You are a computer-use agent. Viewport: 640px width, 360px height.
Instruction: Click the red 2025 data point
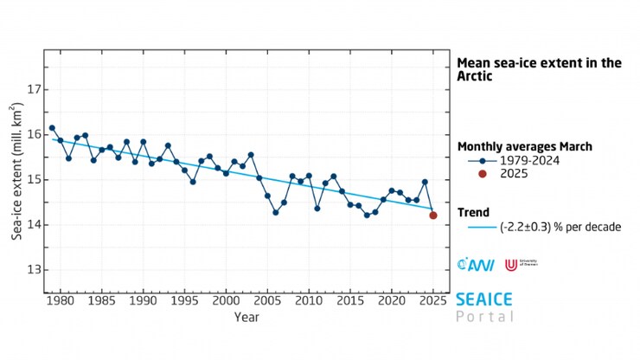pyautogui.click(x=433, y=215)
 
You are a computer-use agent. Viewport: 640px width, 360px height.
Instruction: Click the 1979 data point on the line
pyautogui.click(x=52, y=128)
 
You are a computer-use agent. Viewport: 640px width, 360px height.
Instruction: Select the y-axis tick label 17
pyautogui.click(x=29, y=90)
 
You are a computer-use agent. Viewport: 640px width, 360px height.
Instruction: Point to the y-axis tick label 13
pyautogui.click(x=29, y=270)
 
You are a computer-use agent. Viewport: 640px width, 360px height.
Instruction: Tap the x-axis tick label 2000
pyautogui.click(x=226, y=300)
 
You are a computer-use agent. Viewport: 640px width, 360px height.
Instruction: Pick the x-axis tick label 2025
pyautogui.click(x=433, y=300)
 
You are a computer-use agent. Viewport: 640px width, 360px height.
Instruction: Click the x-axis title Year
pyautogui.click(x=244, y=318)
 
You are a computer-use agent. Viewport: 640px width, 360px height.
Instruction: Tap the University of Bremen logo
pyautogui.click(x=511, y=262)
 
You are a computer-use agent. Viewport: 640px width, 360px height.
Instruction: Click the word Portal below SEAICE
pyautogui.click(x=484, y=316)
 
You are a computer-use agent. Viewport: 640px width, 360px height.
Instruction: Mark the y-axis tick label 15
pyautogui.click(x=29, y=180)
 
